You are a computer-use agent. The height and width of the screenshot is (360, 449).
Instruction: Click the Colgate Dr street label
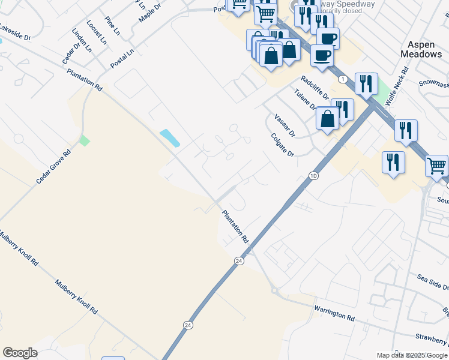[x=282, y=145]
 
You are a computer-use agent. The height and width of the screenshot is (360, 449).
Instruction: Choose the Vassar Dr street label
[x=285, y=125]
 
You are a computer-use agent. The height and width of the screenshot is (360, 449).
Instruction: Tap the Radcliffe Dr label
[x=316, y=88]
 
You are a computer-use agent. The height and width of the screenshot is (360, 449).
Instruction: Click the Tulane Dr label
[x=306, y=100]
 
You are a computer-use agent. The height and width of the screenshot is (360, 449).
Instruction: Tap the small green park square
[x=85, y=141]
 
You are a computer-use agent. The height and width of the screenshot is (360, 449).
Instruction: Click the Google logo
[x=20, y=353]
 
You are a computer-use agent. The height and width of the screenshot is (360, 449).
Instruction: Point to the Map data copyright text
[x=412, y=355]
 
